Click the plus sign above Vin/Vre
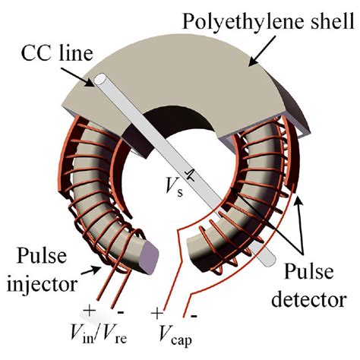(90, 311)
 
